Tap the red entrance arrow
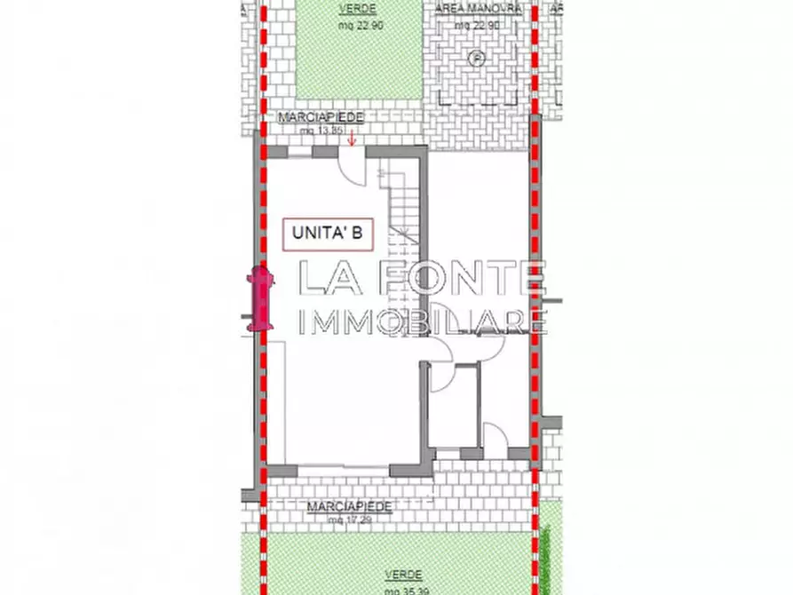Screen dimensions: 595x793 tap(353, 138)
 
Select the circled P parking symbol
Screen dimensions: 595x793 tap(477, 58)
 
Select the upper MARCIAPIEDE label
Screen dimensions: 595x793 tap(321, 117)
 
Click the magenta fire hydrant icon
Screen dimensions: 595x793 tap(261, 298)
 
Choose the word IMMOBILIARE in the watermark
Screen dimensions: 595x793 tap(423, 321)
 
